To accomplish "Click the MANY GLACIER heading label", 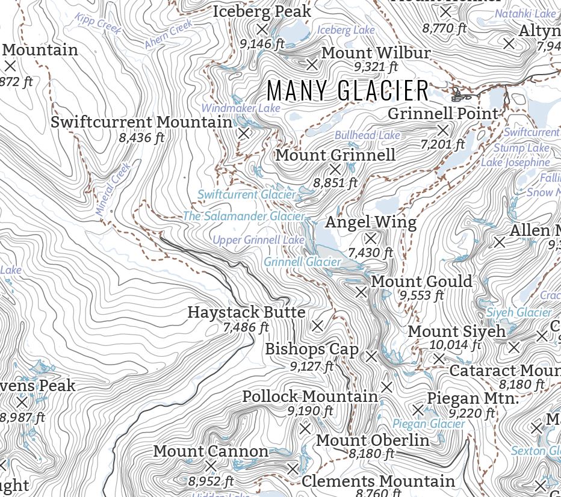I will coord(348,91).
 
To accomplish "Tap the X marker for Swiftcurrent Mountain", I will coord(244,134).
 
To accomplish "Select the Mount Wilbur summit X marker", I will coord(312,64).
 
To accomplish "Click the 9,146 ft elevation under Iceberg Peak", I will coord(262,44).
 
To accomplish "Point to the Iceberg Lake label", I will coord(346,29).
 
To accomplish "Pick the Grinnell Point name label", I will coord(443,113).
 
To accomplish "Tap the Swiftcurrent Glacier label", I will coord(247,194).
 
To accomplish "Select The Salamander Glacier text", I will coord(244,215).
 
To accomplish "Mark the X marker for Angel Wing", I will coord(371,238).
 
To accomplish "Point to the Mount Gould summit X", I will coord(361,292).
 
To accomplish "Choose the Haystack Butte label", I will coord(246,312).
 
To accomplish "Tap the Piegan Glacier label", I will coord(429,424).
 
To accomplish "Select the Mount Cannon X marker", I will coord(211,466).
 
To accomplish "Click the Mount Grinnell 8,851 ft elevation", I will coord(335,182).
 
